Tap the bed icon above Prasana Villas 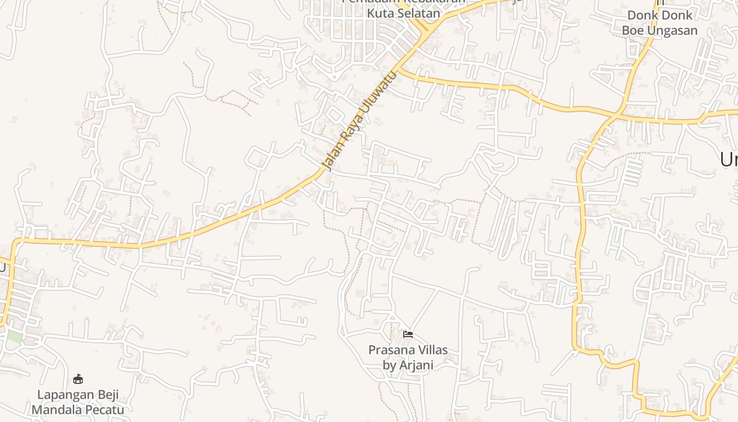click(407, 334)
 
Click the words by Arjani click(407, 365)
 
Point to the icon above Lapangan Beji click(78, 379)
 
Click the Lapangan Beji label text click(78, 395)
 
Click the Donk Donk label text click(659, 15)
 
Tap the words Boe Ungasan click(659, 30)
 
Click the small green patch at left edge click(14, 337)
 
